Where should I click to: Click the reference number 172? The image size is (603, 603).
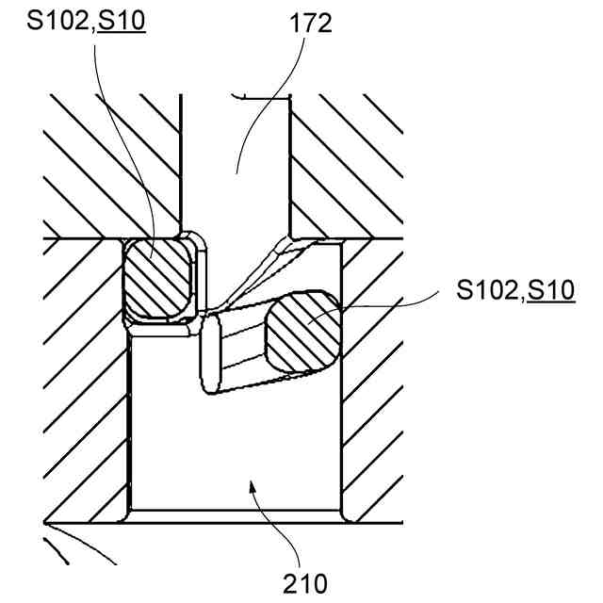[311, 24]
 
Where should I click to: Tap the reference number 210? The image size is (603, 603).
[309, 583]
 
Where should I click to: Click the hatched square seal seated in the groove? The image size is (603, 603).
[157, 280]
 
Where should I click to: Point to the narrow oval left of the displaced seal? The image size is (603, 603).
[211, 352]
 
